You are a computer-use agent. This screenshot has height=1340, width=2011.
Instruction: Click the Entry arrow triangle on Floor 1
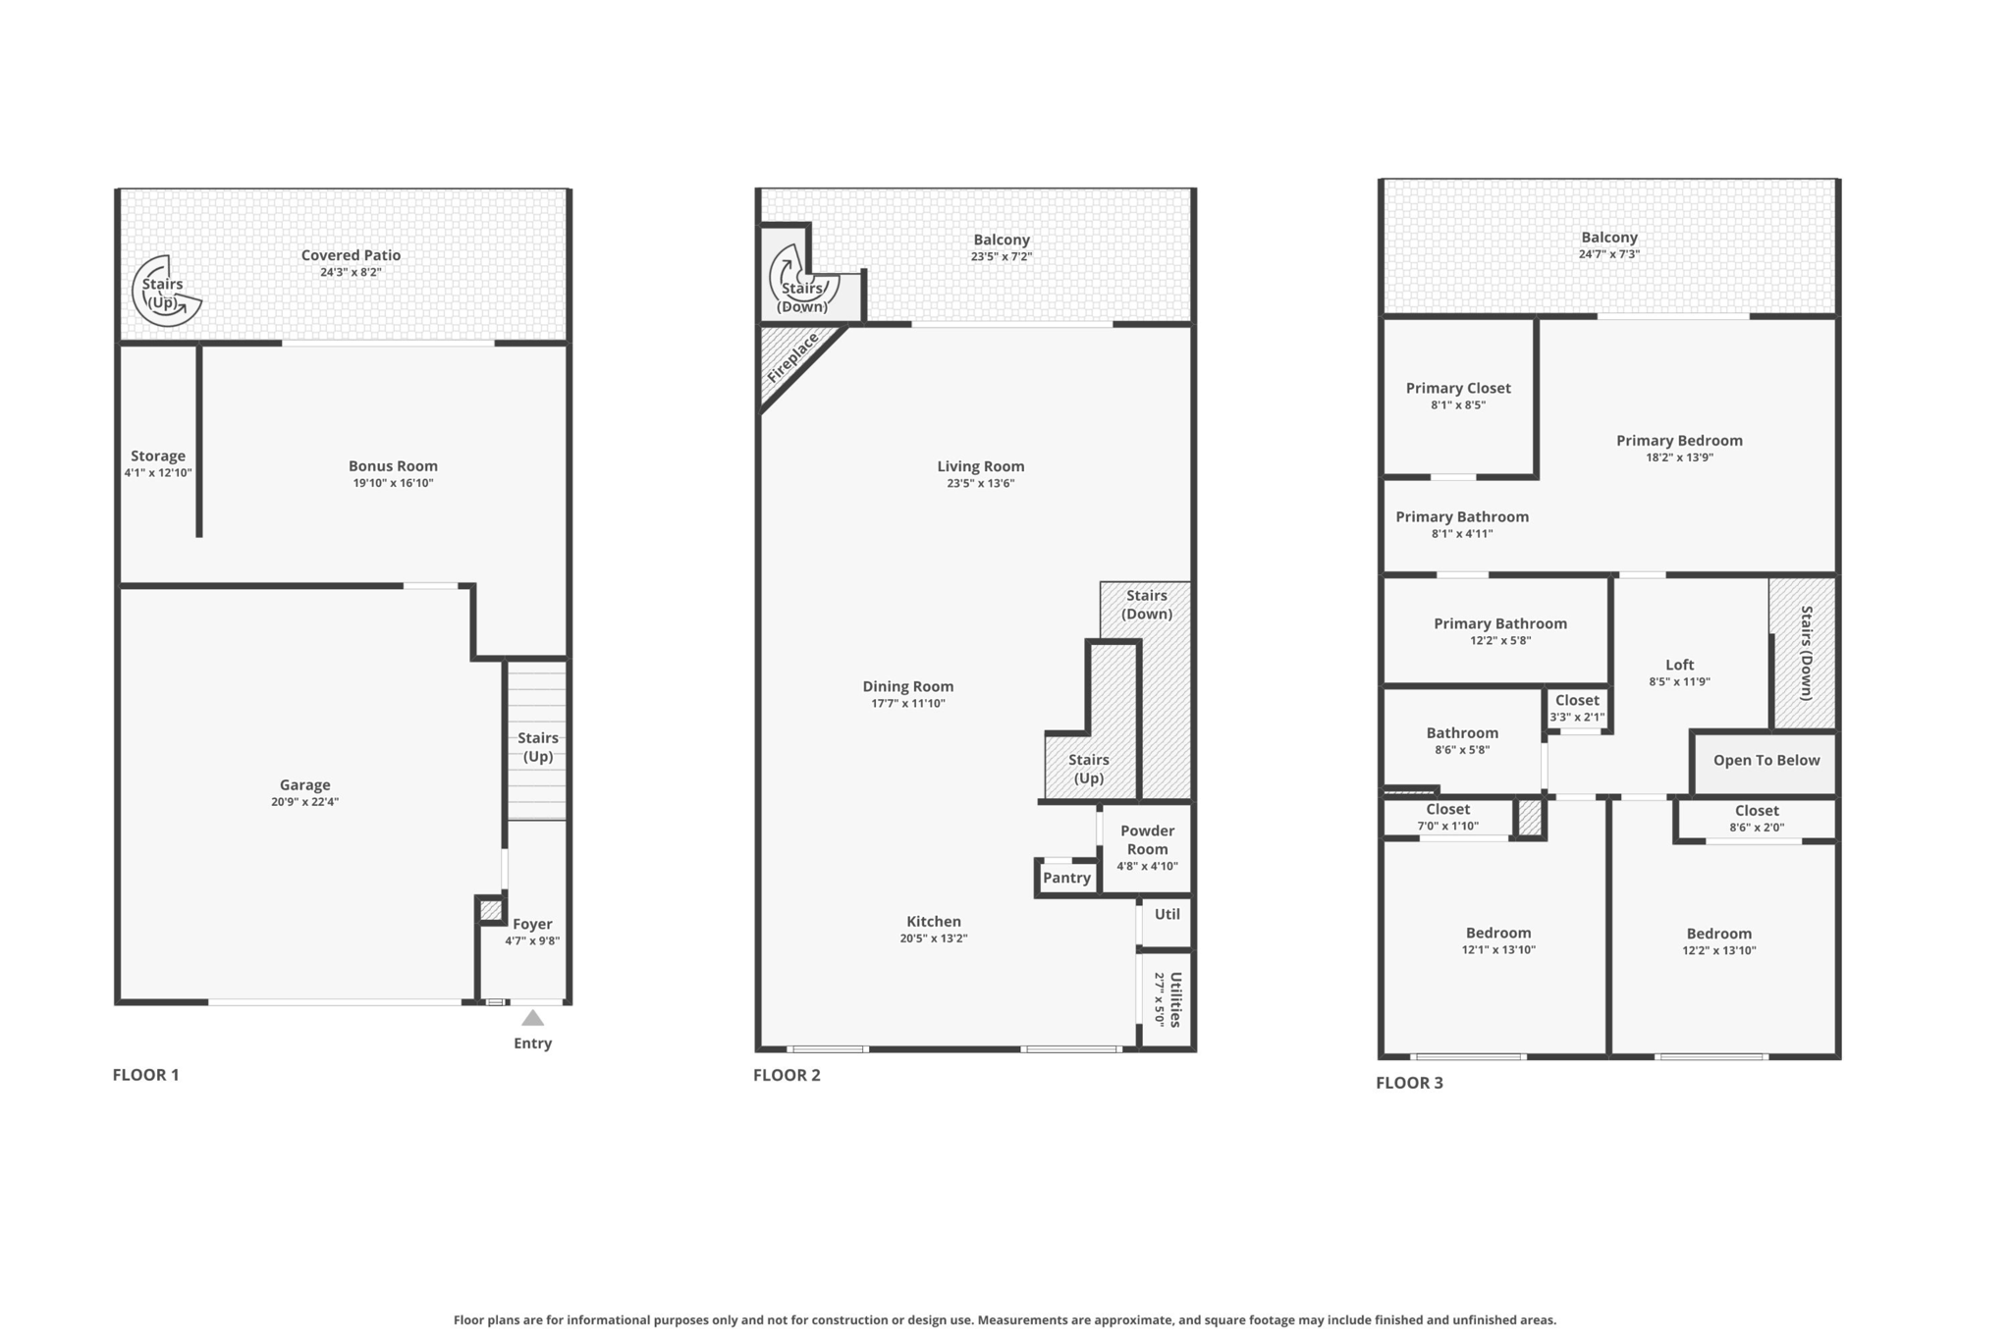[x=532, y=1017]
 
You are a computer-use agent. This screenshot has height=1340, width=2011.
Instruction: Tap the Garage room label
[x=304, y=784]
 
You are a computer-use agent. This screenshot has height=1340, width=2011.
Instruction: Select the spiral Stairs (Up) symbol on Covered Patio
[x=166, y=291]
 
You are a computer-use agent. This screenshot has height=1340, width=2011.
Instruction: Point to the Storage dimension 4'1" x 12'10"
[x=158, y=473]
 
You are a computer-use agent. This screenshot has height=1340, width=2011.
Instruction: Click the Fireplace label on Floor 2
[x=792, y=358]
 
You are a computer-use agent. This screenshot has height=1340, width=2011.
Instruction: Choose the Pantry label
[x=1066, y=878]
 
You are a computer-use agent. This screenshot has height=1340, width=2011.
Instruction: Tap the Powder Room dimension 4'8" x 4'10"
[x=1147, y=866]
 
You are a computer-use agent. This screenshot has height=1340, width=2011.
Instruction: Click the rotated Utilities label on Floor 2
[x=1175, y=999]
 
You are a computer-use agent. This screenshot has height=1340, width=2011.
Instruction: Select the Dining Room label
[x=908, y=686]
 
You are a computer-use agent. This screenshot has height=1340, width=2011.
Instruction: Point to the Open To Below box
[x=1766, y=762]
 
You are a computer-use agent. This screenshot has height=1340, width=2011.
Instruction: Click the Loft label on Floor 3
[x=1680, y=665]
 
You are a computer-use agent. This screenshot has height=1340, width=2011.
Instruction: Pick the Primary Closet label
[x=1458, y=388]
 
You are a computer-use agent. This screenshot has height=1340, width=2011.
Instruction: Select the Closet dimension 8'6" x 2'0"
[x=1757, y=828]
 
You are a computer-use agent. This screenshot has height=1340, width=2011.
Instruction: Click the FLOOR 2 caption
[x=787, y=1075]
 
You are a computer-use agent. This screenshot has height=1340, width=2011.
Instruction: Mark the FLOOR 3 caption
[x=1409, y=1083]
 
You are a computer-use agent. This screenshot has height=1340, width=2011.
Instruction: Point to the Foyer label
[x=532, y=924]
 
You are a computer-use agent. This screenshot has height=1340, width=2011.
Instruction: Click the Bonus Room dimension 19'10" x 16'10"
[x=393, y=483]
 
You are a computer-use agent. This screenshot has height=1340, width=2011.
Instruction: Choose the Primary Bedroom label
[x=1679, y=441]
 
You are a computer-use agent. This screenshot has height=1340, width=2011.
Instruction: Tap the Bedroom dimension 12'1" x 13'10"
[x=1498, y=950]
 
